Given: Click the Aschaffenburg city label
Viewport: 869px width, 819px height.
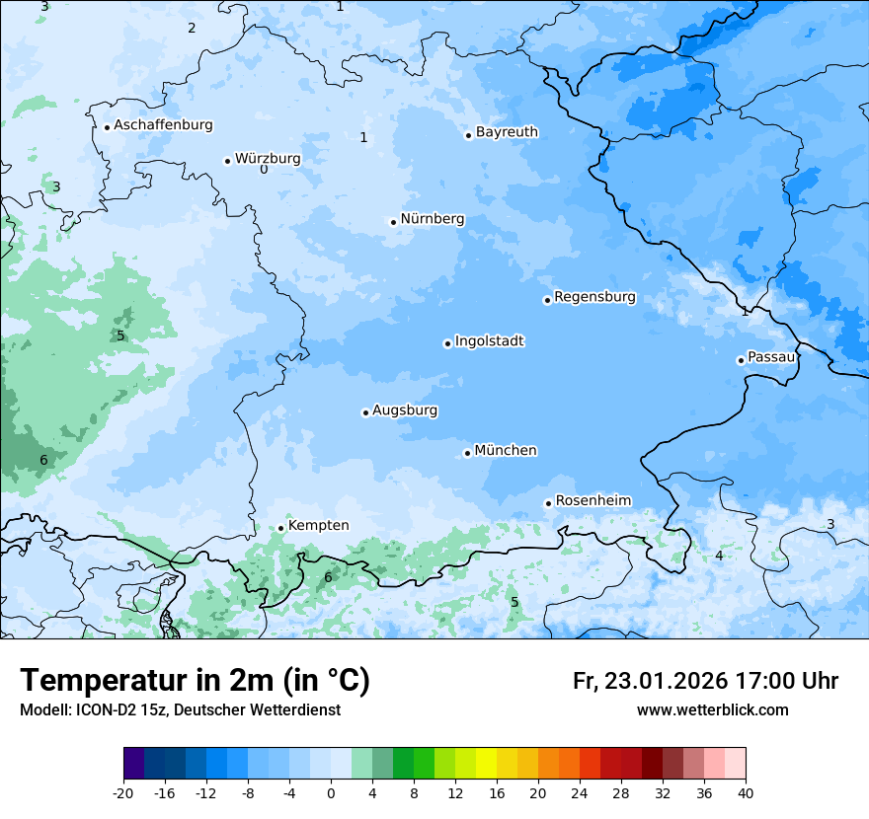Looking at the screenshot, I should click(163, 125).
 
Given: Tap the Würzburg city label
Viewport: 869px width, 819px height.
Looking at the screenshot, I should click(268, 159).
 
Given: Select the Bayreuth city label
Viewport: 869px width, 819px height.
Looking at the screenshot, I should click(507, 132).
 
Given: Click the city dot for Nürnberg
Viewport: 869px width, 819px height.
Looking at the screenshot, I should click(393, 222).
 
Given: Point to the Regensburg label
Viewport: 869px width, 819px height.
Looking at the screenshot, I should click(594, 297).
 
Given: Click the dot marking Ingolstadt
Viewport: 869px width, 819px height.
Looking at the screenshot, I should click(447, 344).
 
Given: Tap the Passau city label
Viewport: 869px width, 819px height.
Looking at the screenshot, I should click(770, 357).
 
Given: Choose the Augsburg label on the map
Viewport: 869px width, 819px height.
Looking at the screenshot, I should click(405, 410).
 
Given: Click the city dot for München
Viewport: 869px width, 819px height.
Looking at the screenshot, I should click(467, 454).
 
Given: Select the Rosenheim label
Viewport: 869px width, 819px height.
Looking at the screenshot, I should click(592, 501).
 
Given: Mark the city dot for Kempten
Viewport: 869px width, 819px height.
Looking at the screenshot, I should click(280, 528).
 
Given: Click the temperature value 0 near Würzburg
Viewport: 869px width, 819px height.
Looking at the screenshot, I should click(264, 170).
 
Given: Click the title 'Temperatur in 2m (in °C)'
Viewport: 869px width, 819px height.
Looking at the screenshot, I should click(195, 681).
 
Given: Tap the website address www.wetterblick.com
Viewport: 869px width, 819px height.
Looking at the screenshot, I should click(712, 710).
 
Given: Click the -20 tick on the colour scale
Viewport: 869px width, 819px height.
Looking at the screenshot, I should click(123, 792).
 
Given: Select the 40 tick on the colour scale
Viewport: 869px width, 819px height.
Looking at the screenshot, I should click(746, 792).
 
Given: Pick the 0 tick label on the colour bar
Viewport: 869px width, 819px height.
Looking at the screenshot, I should click(331, 792).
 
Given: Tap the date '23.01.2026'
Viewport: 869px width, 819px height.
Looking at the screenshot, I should click(668, 681).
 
